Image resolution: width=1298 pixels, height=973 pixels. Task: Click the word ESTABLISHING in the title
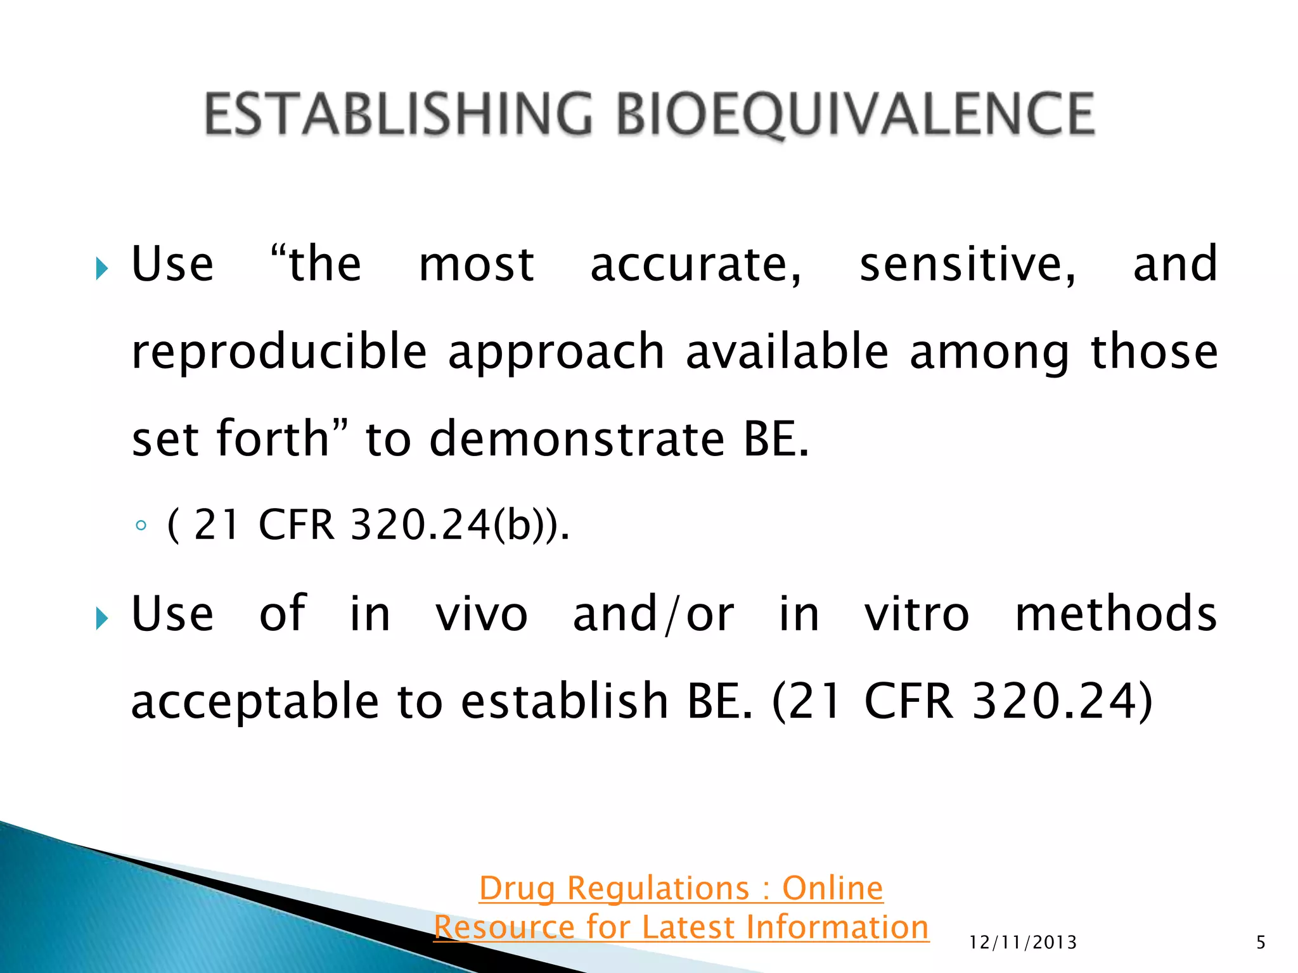(x=398, y=114)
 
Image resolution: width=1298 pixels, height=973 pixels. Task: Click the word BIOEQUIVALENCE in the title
(x=855, y=114)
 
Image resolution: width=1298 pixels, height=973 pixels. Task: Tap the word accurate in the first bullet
(x=696, y=264)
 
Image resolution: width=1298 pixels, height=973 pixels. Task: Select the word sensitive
(x=967, y=264)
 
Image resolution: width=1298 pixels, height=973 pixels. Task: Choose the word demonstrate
(x=577, y=438)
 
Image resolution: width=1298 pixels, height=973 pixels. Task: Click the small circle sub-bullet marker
(x=141, y=525)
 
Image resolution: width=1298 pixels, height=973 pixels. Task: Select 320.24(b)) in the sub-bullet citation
(x=460, y=525)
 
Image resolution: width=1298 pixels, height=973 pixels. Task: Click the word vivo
(x=481, y=614)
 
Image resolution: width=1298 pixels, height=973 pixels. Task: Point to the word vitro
(x=916, y=614)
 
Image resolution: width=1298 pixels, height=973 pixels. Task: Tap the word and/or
(x=653, y=614)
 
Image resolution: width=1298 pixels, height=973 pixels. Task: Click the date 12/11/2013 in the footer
(x=1023, y=943)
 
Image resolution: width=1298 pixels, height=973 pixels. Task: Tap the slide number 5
(x=1261, y=943)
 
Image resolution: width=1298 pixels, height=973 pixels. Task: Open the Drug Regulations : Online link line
(x=681, y=888)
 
